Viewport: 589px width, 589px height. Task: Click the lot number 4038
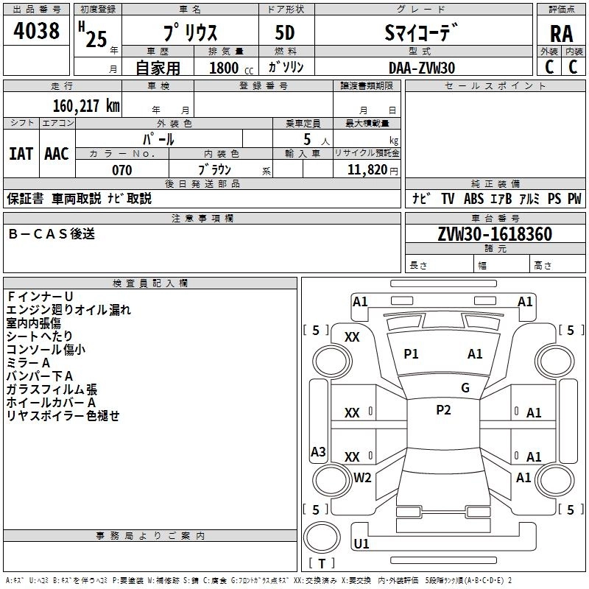click(37, 31)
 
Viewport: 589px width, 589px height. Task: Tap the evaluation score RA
click(561, 35)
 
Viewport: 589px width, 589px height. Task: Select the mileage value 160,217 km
click(85, 105)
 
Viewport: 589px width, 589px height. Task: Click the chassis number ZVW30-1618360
click(495, 235)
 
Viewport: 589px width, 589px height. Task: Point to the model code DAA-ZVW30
click(422, 68)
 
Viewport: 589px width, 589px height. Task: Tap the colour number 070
click(121, 170)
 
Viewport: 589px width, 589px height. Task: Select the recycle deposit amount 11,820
click(367, 170)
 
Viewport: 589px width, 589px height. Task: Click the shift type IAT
click(21, 154)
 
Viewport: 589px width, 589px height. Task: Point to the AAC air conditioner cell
click(56, 154)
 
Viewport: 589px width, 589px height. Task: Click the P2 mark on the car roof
click(443, 410)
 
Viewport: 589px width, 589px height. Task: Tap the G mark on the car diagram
click(465, 388)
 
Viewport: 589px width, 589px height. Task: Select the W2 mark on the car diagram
click(362, 477)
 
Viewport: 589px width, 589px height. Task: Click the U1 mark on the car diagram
click(361, 544)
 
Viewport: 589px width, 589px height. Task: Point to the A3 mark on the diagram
click(318, 451)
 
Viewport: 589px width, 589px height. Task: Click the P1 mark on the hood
click(411, 354)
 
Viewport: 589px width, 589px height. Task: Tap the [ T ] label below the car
click(322, 563)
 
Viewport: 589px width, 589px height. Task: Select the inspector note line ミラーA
click(29, 363)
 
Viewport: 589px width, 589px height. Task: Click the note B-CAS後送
click(52, 234)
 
